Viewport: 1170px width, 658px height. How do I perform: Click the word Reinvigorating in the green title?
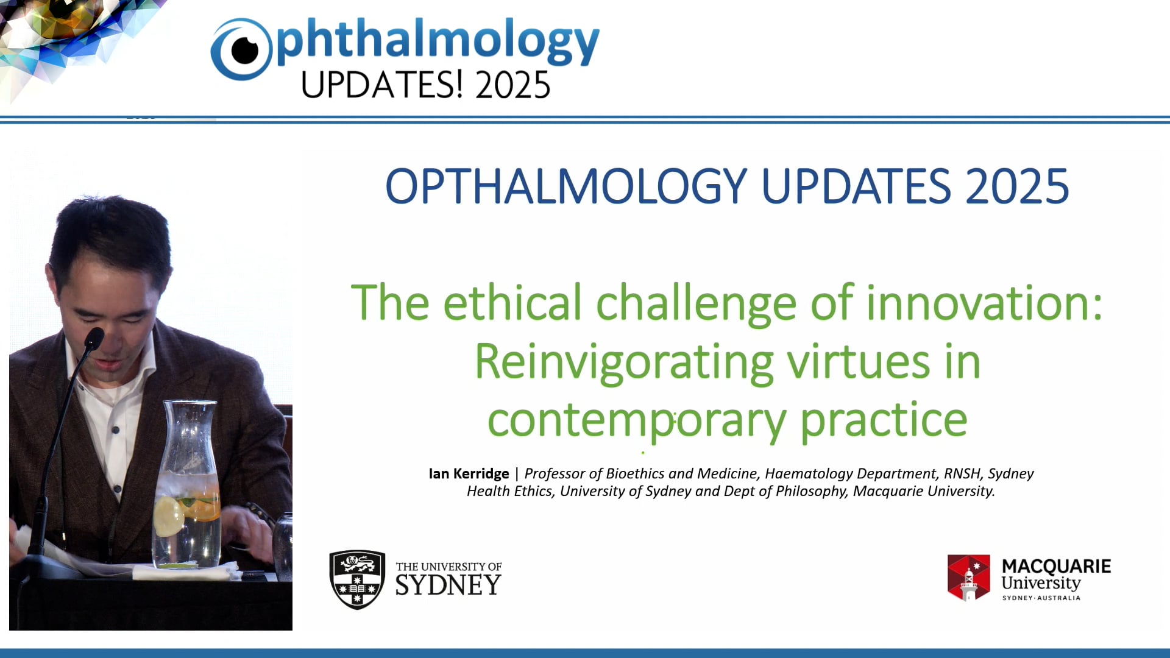pyautogui.click(x=624, y=363)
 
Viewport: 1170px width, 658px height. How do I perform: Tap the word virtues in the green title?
pyautogui.click(x=858, y=363)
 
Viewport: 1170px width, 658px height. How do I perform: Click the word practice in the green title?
pyautogui.click(x=884, y=420)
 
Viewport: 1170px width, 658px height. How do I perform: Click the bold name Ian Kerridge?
pyautogui.click(x=469, y=473)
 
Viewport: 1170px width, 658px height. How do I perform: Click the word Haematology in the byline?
pyautogui.click(x=809, y=473)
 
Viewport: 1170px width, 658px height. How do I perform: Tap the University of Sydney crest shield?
pyautogui.click(x=357, y=579)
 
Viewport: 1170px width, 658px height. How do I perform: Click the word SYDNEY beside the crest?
pyautogui.click(x=448, y=585)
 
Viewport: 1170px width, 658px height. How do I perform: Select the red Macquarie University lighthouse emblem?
pyautogui.click(x=968, y=578)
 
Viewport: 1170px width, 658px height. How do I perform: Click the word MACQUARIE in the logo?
pyautogui.click(x=1056, y=566)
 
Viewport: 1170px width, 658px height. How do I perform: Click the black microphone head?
pyautogui.click(x=94, y=338)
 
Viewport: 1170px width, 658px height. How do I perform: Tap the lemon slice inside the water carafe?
pyautogui.click(x=168, y=516)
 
